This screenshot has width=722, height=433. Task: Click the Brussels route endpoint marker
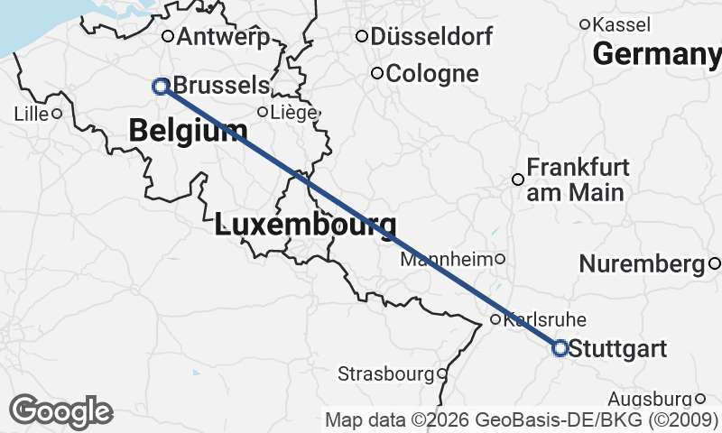(x=161, y=87)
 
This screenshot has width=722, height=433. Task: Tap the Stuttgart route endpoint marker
(x=560, y=347)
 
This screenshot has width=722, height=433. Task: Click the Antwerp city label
(x=225, y=37)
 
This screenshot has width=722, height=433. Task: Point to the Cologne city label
(x=431, y=74)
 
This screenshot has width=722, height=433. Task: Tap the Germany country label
(x=657, y=55)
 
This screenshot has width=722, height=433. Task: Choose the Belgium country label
(x=188, y=131)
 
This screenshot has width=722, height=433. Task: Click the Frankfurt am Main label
(x=576, y=180)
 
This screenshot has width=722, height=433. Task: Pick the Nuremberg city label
(x=641, y=264)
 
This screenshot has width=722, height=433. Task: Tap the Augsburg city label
(x=649, y=399)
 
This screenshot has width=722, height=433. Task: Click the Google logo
(x=61, y=411)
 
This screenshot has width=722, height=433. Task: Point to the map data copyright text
(x=522, y=420)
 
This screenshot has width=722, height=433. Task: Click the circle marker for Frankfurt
(x=518, y=180)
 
